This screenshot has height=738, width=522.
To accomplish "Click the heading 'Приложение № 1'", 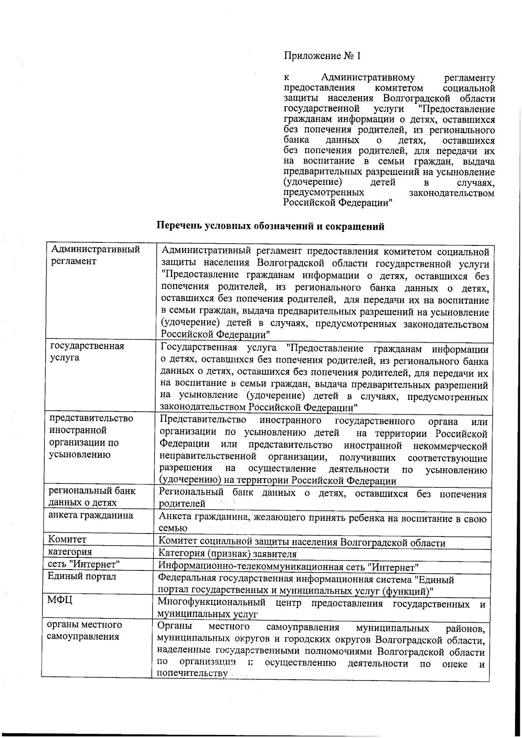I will point(322,56).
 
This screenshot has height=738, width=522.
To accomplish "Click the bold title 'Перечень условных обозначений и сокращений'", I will point(270,226).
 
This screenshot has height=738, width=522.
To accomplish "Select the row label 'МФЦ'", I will point(60,600).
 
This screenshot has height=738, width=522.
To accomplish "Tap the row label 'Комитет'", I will point(67,540).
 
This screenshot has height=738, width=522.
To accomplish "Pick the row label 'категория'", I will point(70,552).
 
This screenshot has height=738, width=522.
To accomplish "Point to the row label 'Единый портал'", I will point(82,577).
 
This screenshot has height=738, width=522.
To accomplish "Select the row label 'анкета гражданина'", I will point(90,516).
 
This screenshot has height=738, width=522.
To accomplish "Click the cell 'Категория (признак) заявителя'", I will point(228,554).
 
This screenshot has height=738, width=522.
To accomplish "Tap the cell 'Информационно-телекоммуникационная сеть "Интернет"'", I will point(288,567).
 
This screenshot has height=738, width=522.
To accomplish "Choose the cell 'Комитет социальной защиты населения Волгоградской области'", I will point(301,543).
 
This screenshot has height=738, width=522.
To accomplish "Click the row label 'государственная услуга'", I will point(87,352).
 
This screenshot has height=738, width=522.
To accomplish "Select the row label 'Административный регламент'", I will point(95,255).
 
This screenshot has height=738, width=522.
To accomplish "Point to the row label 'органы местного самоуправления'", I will point(84,631).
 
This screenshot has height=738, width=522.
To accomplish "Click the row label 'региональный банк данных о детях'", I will point(91,497).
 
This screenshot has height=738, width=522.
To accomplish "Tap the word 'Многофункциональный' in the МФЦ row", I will point(211,603).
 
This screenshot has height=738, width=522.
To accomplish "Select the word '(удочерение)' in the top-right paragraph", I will point(312,182).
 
